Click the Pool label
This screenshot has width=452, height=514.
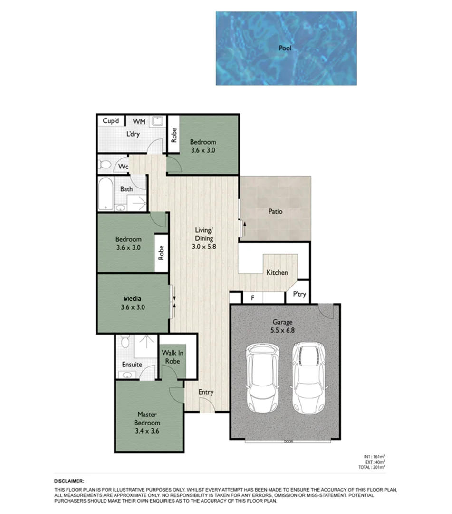click(285, 48)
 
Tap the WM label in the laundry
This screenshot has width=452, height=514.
click(139, 122)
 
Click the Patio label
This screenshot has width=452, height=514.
click(275, 211)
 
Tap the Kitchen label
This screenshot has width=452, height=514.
click(277, 273)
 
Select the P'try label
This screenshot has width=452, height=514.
click(299, 295)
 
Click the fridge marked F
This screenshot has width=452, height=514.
click(253, 298)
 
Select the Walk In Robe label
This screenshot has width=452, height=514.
click(173, 357)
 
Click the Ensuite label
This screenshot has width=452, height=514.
click(132, 365)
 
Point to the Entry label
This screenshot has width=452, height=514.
click(206, 392)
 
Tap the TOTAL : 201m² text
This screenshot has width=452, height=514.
click(372, 467)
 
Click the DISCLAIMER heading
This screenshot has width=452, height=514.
click(69, 481)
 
